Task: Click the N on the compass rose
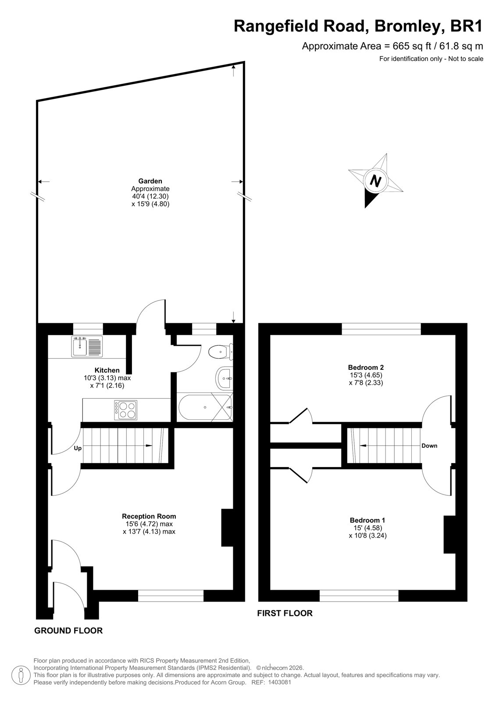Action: point(376,181)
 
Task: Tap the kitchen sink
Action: point(87,347)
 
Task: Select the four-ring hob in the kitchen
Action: point(126,410)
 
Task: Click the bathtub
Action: point(205,407)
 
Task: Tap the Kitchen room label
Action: point(107,370)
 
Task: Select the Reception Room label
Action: point(149,517)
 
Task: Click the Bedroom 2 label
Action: point(366,367)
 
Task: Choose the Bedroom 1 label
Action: point(368,520)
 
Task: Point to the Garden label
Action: point(150,181)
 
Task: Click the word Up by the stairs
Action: point(78,449)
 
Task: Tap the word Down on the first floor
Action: point(429,446)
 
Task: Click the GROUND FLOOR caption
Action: point(68,630)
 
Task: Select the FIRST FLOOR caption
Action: point(285,613)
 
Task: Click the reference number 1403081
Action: point(279,691)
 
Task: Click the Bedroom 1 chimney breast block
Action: point(450,534)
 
